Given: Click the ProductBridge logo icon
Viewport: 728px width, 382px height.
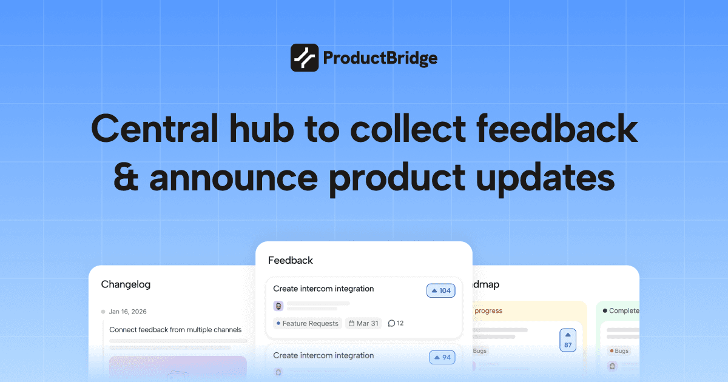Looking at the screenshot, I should (x=305, y=58).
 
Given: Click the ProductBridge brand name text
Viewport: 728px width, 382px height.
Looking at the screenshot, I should (x=380, y=58).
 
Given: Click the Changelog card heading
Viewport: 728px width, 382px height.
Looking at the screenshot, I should (x=126, y=284).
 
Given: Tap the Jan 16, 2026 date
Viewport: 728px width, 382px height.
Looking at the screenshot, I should (x=127, y=312).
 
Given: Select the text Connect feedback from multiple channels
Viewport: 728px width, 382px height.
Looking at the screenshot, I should (x=175, y=330).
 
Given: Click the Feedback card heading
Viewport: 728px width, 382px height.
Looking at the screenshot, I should (x=291, y=260).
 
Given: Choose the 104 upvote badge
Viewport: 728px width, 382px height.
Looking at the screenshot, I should (x=440, y=291).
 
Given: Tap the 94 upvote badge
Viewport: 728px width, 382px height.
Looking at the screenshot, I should (x=442, y=357).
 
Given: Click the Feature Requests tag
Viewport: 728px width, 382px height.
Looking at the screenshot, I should (x=307, y=323).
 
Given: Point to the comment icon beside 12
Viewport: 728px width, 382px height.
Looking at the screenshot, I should (x=391, y=323).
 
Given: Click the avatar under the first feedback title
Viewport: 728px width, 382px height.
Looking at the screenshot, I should (x=278, y=306).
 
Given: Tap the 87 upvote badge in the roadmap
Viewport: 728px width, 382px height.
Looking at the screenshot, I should (x=568, y=340).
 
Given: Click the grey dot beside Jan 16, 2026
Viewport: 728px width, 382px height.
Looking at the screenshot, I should (x=103, y=312).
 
